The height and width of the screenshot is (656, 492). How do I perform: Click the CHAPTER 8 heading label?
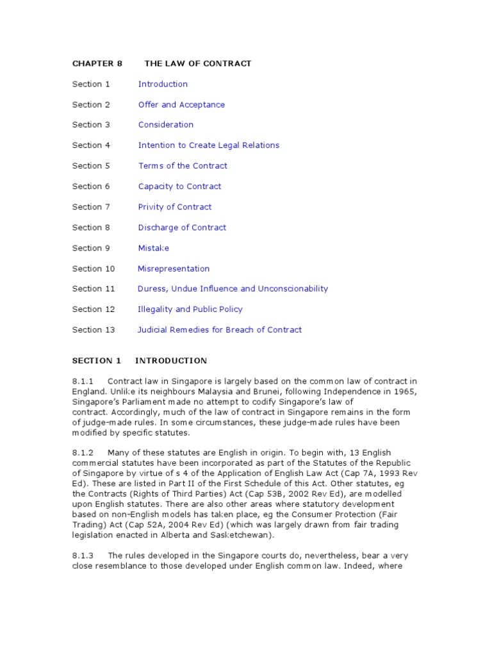(x=97, y=63)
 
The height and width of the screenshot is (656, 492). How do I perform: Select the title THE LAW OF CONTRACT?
(x=198, y=63)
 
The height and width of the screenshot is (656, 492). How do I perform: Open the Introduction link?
(x=163, y=84)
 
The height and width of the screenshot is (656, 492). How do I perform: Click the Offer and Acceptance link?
(x=181, y=104)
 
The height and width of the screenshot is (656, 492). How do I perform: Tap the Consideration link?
(x=165, y=125)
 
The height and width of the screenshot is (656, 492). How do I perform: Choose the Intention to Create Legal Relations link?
(x=209, y=145)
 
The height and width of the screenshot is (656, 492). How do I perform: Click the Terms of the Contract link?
(x=183, y=166)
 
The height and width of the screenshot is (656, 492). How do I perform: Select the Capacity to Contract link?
(x=179, y=186)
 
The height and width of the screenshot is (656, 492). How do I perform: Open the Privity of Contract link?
(x=174, y=207)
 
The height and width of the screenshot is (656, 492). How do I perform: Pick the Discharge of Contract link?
(x=182, y=227)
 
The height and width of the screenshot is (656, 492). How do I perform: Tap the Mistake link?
(x=153, y=248)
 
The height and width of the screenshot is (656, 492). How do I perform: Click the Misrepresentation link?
(x=174, y=268)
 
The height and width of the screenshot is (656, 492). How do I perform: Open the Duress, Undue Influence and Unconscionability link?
(x=233, y=289)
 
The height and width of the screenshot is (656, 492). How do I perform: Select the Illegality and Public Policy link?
(x=190, y=309)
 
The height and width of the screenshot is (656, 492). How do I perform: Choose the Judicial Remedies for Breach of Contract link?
(x=220, y=330)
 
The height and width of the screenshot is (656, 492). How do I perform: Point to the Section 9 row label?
(x=91, y=248)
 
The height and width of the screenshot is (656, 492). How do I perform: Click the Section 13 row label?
(x=94, y=330)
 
